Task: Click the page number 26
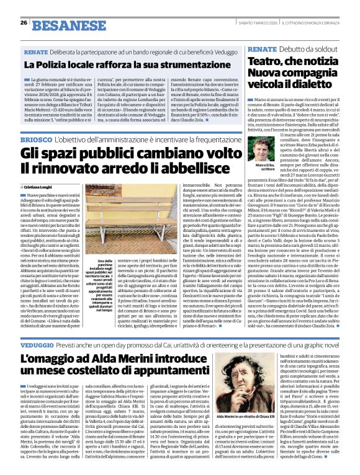[x=24, y=23]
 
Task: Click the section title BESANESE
[x=60, y=25]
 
